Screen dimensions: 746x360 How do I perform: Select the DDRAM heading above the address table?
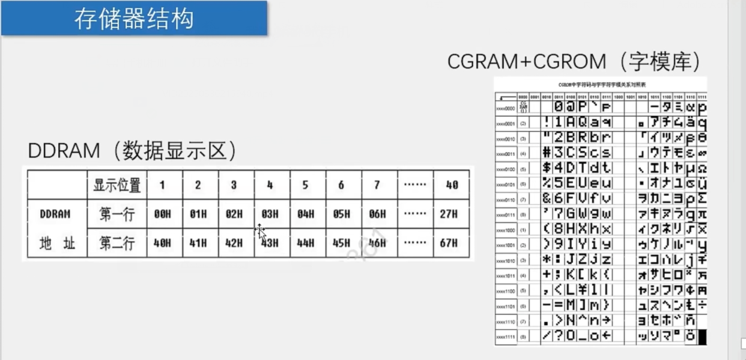(63, 151)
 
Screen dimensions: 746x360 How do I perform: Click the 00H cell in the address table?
(162, 215)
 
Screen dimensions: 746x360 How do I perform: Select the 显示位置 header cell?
(117, 186)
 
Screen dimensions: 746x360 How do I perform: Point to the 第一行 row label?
(117, 215)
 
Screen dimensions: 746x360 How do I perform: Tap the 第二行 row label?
(117, 243)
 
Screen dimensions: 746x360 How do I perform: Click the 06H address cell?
(377, 215)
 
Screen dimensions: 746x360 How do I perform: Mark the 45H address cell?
(341, 243)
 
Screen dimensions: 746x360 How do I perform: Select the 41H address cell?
(198, 243)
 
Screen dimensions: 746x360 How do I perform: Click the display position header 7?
(377, 186)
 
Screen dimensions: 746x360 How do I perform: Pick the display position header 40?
(452, 186)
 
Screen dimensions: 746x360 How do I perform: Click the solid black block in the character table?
(702, 337)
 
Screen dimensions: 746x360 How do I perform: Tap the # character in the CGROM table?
(547, 153)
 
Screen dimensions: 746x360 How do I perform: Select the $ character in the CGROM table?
(547, 168)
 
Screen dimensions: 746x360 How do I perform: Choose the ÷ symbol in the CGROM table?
(702, 305)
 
